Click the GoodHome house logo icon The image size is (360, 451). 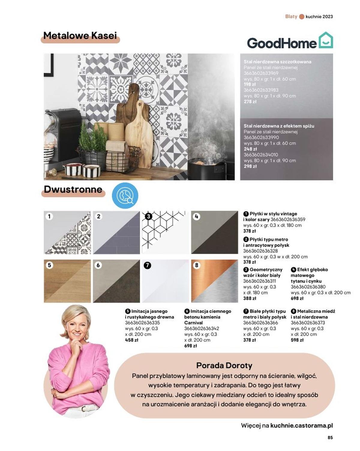(x=325, y=40)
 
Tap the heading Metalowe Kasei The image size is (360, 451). (x=80, y=36)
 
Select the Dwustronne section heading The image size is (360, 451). (x=73, y=189)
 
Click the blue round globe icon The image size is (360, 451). (x=125, y=196)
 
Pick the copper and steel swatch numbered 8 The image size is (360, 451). (x=214, y=281)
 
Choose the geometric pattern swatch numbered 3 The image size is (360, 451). (x=165, y=232)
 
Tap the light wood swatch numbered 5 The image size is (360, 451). (x=67, y=281)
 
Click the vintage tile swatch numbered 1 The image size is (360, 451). (x=67, y=232)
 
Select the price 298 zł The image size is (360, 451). (x=250, y=166)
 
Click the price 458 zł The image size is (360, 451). (x=131, y=340)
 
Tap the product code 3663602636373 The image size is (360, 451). (x=307, y=323)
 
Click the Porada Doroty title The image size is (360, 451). (x=224, y=365)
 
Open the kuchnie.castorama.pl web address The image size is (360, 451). (x=301, y=425)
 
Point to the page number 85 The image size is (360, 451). (x=330, y=437)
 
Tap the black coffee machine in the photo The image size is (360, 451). (x=61, y=135)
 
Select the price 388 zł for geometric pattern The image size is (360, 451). (x=250, y=298)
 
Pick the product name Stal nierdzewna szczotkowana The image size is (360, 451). (x=277, y=62)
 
